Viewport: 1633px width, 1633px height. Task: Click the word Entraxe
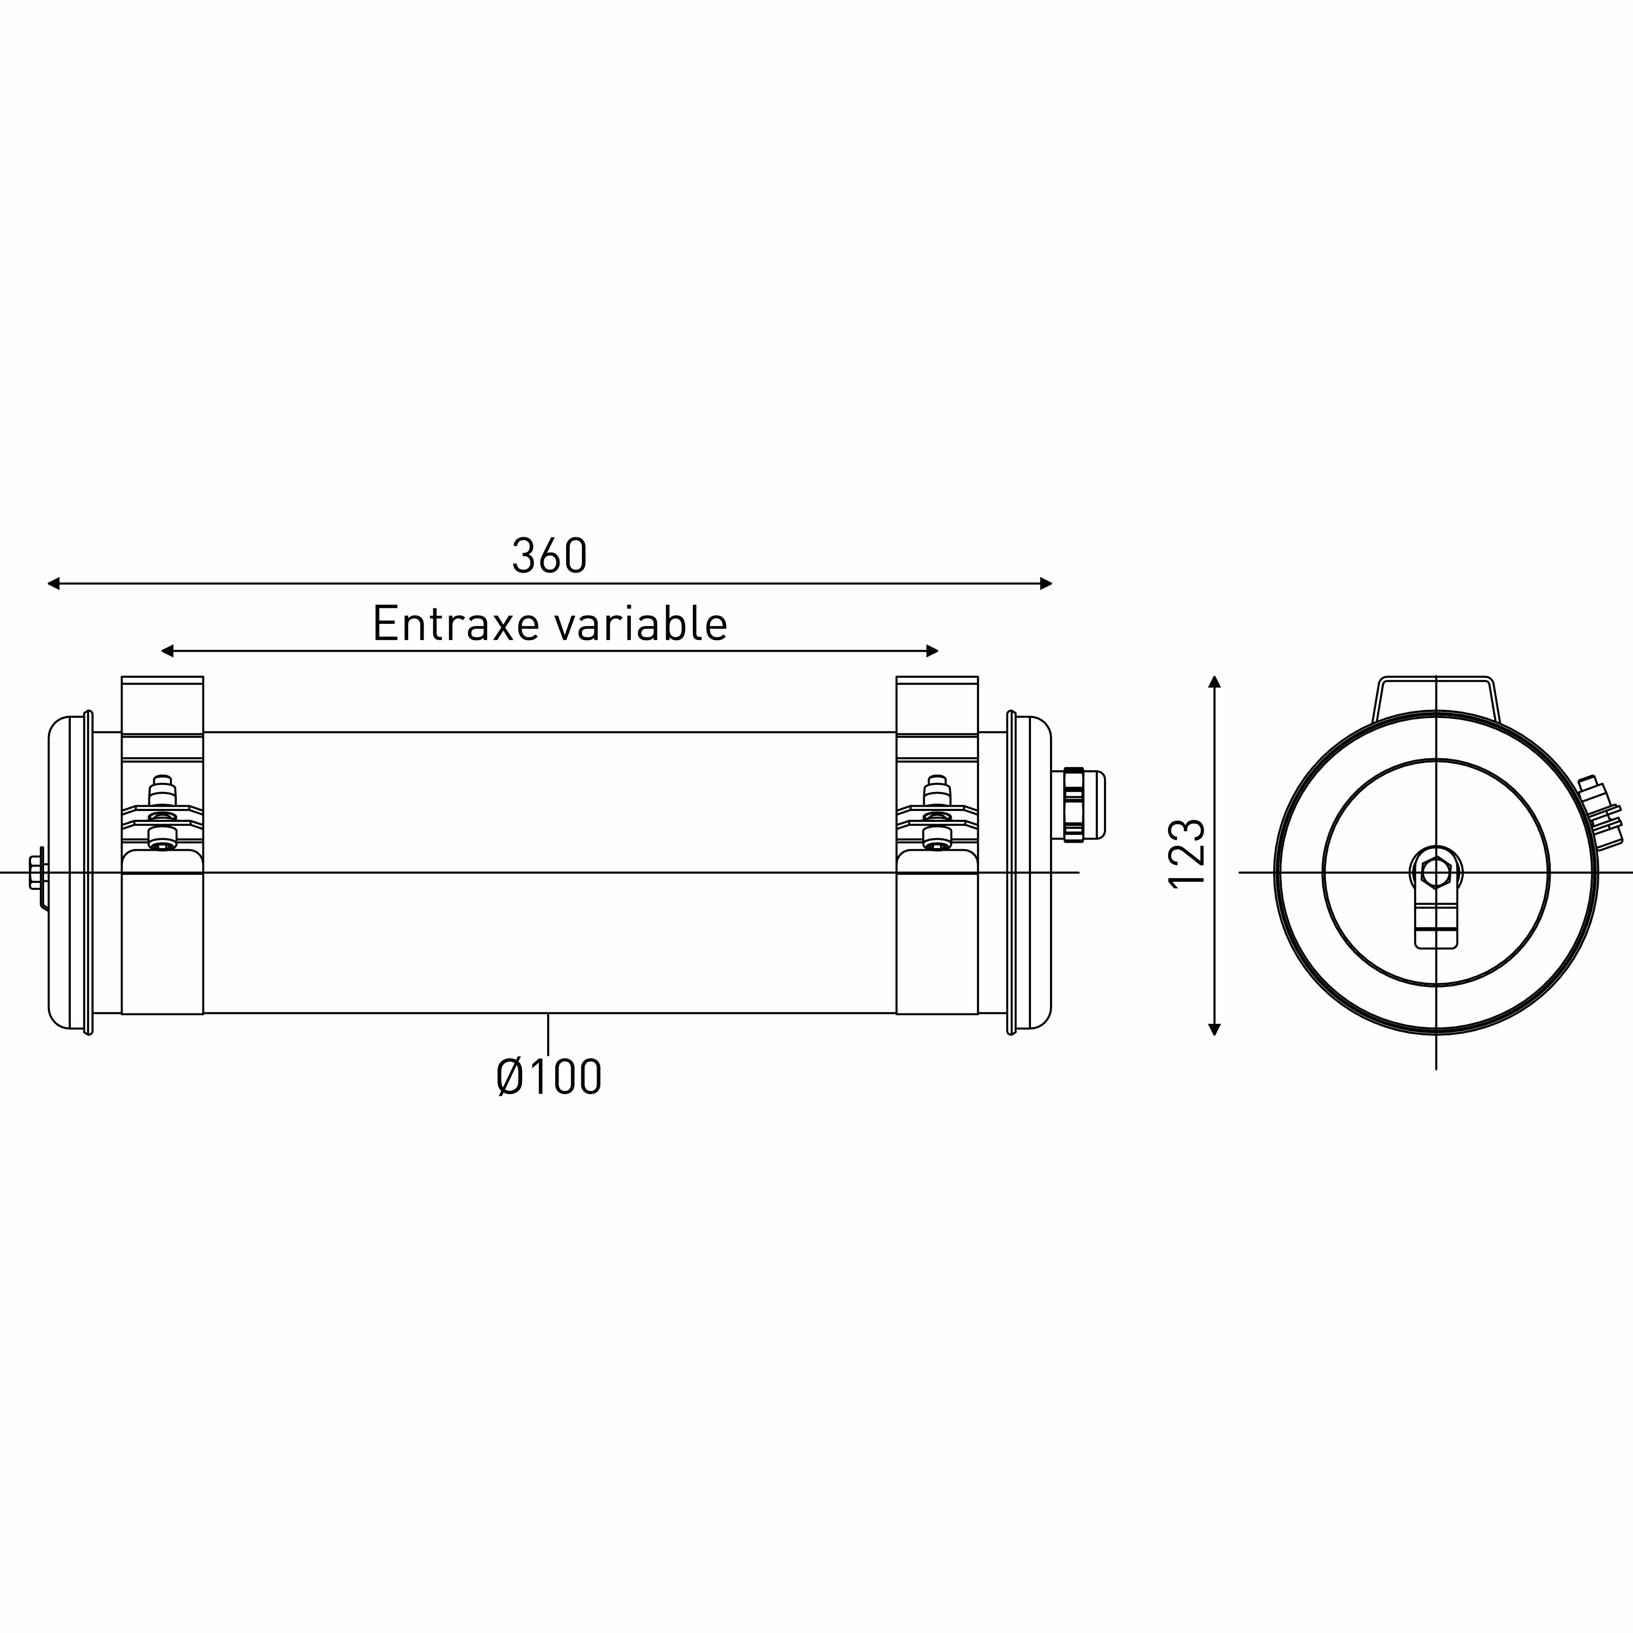coord(456,624)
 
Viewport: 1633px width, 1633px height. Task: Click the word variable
coord(641,624)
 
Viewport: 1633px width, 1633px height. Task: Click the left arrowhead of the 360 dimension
coord(53,583)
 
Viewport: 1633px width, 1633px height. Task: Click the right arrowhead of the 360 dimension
coord(1046,583)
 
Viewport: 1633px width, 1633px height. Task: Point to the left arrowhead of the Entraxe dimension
coord(167,651)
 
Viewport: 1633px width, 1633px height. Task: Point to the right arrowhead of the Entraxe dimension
coord(933,651)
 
